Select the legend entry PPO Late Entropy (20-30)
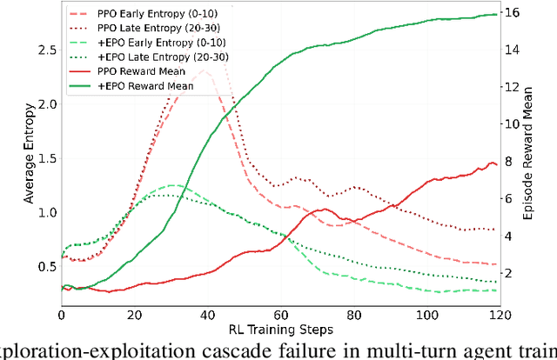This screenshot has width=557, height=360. coord(139,28)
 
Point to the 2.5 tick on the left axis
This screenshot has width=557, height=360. coord(45,50)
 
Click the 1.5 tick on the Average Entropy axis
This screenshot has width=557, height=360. coord(45,158)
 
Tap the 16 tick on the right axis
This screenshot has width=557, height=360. coord(513,13)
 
